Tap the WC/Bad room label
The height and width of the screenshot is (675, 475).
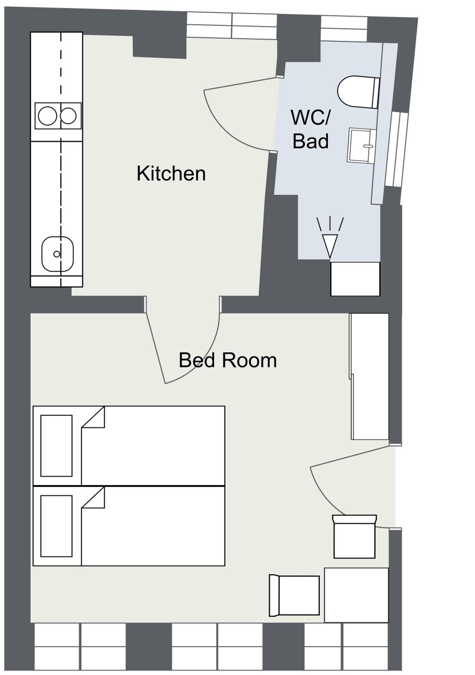pos(311,129)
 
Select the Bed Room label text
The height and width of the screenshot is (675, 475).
pos(228,360)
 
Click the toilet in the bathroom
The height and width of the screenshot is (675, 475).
pos(358,92)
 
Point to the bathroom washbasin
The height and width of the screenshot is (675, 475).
pos(362,145)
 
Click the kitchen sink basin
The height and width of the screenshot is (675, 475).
pos(58,254)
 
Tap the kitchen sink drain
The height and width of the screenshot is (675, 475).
pos(57,254)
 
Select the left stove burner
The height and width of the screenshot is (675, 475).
pos(48,116)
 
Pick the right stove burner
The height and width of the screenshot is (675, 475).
pos(69,116)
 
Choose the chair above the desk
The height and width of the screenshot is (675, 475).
pos(354,537)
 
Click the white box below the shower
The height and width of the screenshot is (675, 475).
pos(355,279)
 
